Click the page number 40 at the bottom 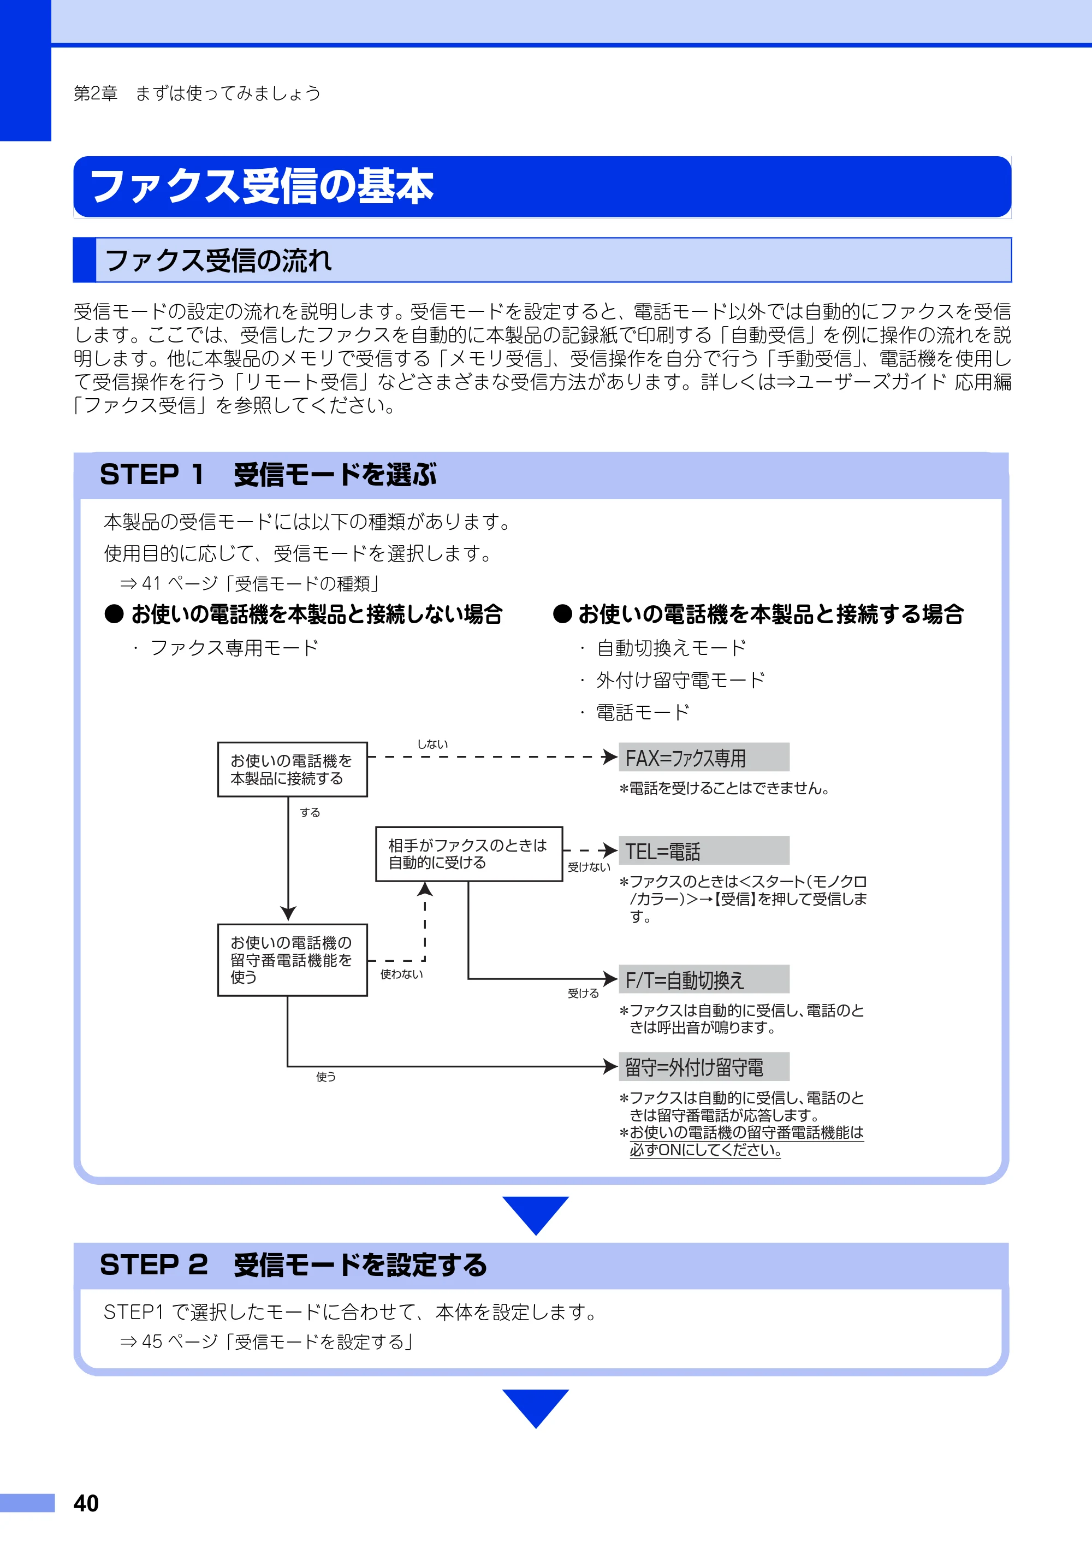[x=86, y=1503]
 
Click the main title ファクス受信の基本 [x=262, y=186]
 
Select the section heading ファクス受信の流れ [x=218, y=260]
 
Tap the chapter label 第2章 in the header [x=96, y=93]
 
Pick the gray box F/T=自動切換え [x=704, y=979]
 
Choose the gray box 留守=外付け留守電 [x=704, y=1067]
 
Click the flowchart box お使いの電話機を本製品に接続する [x=292, y=770]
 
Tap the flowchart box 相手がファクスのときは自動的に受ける [x=469, y=854]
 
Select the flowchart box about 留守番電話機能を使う [x=292, y=960]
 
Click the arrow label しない [x=432, y=744]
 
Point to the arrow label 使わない [x=401, y=974]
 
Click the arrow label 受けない [x=589, y=867]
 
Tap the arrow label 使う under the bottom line [x=326, y=1076]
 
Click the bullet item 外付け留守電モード [x=680, y=680]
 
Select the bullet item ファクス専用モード [x=234, y=648]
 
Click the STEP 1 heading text [x=268, y=475]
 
